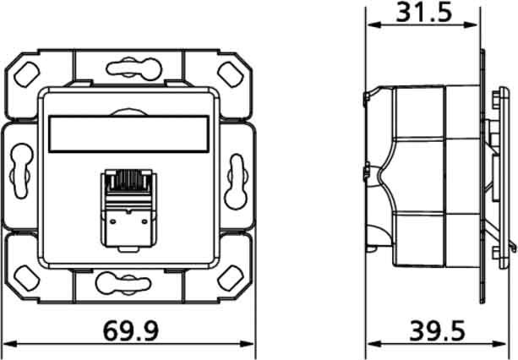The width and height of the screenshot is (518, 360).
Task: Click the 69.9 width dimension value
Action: click(x=131, y=330)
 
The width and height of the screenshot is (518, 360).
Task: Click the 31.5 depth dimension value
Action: click(x=424, y=12)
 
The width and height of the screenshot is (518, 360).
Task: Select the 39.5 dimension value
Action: click(x=438, y=330)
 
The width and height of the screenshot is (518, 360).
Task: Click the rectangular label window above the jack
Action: click(x=128, y=134)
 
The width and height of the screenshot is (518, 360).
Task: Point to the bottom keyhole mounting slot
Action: click(x=123, y=283)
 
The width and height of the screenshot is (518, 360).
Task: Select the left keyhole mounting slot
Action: click(x=22, y=171)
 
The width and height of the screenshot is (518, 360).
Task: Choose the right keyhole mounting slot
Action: click(x=236, y=182)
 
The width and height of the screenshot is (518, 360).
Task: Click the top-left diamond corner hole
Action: click(x=27, y=74)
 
